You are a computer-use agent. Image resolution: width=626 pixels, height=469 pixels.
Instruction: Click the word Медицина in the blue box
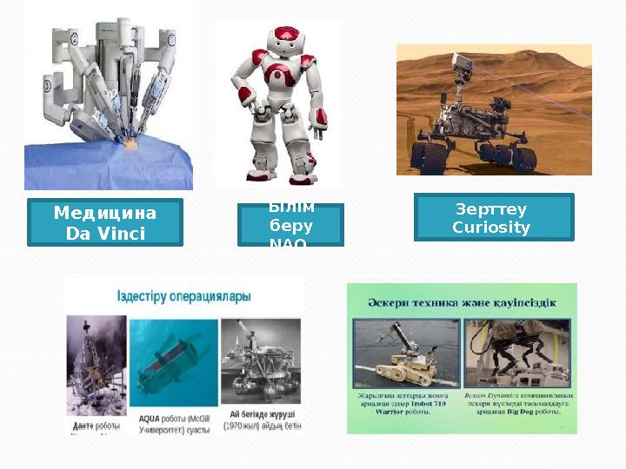click(x=104, y=213)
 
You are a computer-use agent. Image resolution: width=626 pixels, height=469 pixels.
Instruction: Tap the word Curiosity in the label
click(x=493, y=228)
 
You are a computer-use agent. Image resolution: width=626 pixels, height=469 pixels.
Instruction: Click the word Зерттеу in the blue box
click(x=493, y=208)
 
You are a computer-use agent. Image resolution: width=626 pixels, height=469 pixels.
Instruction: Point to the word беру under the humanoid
click(x=290, y=226)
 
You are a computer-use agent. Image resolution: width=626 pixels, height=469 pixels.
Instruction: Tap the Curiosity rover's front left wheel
click(x=427, y=157)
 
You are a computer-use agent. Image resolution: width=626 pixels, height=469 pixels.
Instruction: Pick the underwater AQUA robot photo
click(x=173, y=360)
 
